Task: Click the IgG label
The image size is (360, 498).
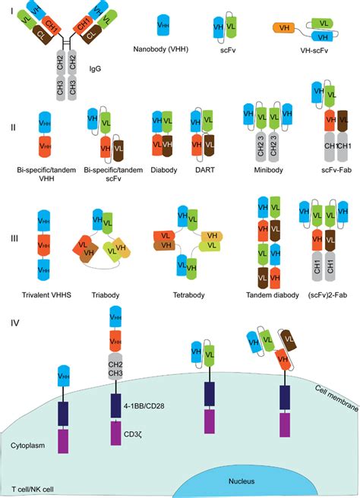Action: (x=94, y=68)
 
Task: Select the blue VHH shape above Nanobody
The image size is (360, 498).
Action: (x=163, y=24)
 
